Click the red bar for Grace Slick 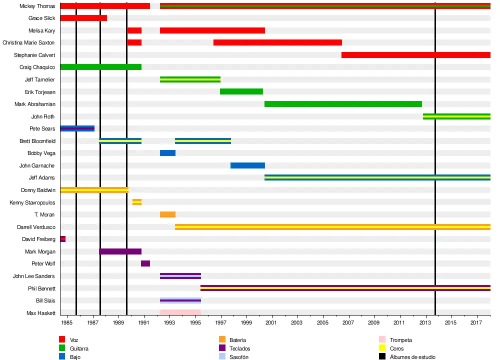click(83, 18)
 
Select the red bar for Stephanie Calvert click(415, 55)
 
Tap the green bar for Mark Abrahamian click(343, 104)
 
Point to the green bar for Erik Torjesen click(241, 91)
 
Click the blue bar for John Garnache click(247, 165)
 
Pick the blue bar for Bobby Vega click(167, 153)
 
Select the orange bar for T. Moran click(167, 214)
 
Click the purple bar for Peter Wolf click(145, 263)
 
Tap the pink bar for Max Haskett click(180, 312)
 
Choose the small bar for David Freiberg click(63, 239)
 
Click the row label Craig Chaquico click(37, 67)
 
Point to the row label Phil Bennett click(41, 288)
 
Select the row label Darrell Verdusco click(36, 227)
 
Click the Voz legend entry click(74, 340)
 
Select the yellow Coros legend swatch click(382, 348)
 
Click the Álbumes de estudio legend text click(412, 357)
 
